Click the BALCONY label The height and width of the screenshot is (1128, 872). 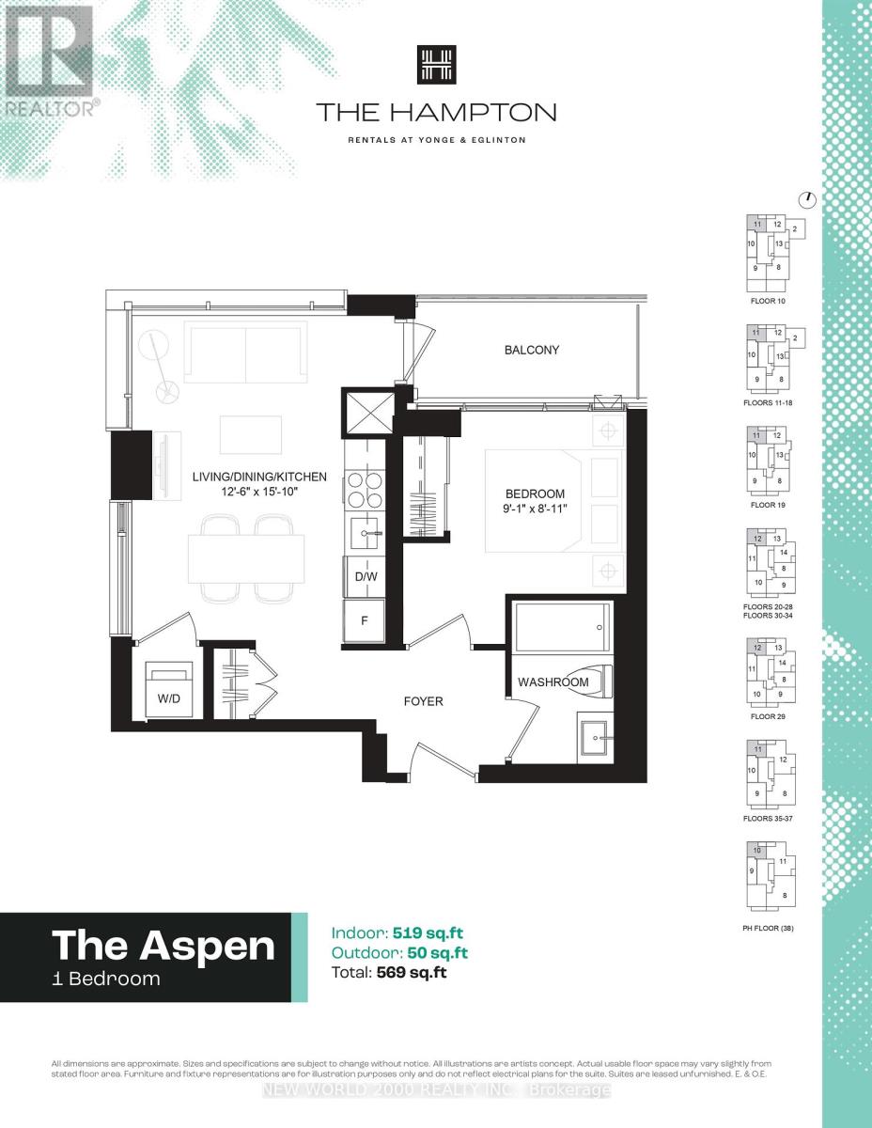tap(531, 350)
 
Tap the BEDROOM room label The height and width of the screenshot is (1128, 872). tap(535, 493)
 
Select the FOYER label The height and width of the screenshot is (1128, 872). tap(423, 701)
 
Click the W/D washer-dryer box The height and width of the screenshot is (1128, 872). tap(169, 697)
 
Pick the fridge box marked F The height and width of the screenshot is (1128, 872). tap(365, 622)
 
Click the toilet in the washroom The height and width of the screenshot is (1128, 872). tap(596, 680)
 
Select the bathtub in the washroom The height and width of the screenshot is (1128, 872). tap(562, 627)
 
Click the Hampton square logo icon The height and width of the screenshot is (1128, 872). tap(435, 66)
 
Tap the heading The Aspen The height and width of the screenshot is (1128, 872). tap(163, 944)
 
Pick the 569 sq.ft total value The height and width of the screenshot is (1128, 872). tap(410, 973)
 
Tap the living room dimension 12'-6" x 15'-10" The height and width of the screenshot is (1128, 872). tap(259, 493)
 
